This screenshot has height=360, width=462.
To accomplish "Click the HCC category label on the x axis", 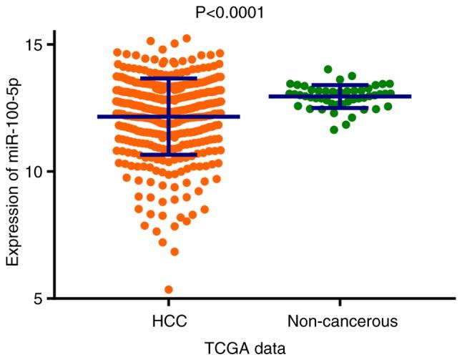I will pos(169,318).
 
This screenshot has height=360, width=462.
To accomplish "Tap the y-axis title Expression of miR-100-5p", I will pos(13,170).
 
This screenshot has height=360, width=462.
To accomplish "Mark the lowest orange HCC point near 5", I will pos(169,290).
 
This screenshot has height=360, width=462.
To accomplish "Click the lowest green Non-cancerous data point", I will pos(334,130).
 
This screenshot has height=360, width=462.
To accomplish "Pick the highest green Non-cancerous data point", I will pos(328,69).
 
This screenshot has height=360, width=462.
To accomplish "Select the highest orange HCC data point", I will pos(187,38).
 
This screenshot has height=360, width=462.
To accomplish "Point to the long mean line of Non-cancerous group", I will pos(386,96).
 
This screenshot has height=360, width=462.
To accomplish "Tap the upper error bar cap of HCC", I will pos(169,78).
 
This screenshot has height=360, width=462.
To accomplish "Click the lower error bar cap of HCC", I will pos(169,154).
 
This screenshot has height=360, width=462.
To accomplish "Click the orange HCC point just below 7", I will pos(174,252).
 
